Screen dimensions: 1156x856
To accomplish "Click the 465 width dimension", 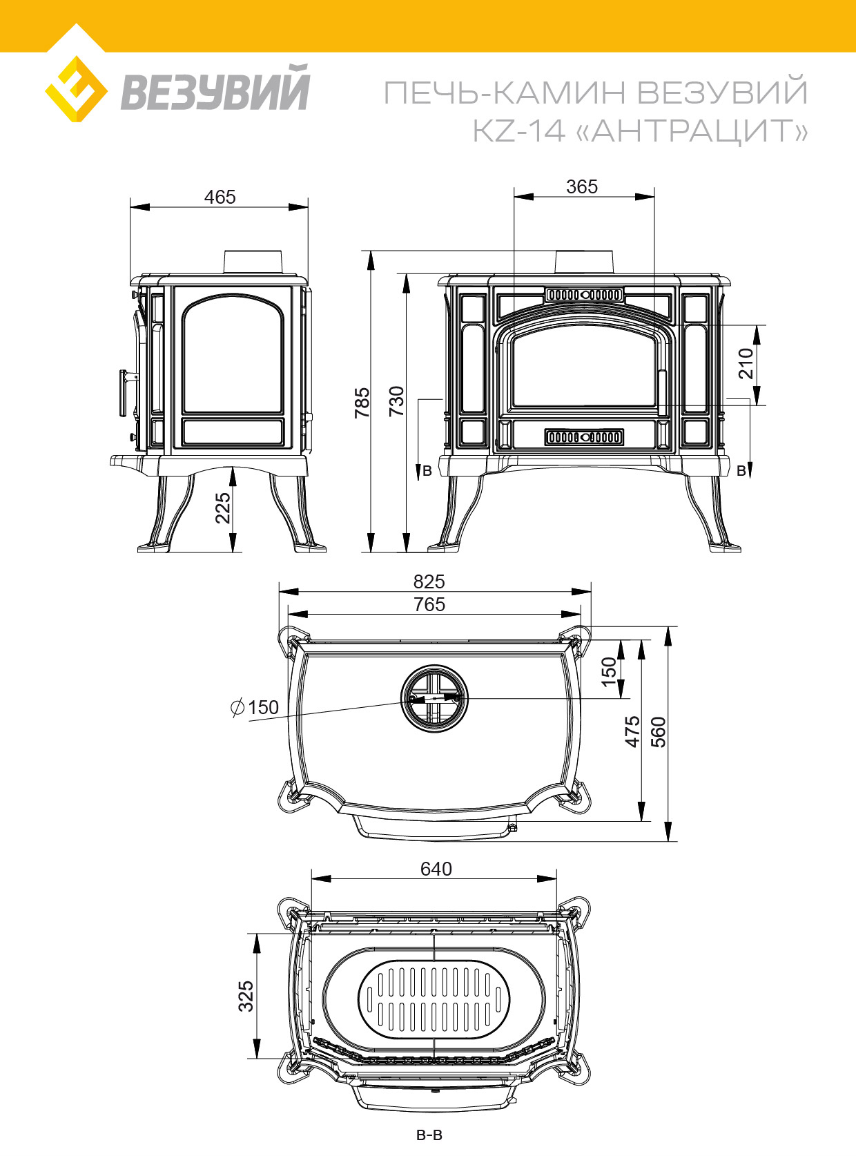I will click(220, 197).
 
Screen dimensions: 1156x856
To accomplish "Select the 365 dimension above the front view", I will click(582, 186).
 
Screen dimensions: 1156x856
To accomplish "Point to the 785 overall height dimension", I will click(362, 402).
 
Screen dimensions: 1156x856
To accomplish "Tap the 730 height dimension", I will click(396, 401).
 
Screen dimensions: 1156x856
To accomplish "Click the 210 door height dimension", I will click(746, 363).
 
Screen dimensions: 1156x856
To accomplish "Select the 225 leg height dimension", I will click(222, 508).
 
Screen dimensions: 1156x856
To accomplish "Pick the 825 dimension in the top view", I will click(429, 581).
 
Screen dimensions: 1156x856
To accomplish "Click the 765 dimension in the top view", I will click(429, 604).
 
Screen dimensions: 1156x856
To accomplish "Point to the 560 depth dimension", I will click(659, 732).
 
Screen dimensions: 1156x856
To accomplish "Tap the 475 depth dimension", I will click(632, 732).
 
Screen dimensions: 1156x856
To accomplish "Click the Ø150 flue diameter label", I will click(255, 707).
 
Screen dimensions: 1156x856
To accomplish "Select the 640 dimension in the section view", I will click(436, 869).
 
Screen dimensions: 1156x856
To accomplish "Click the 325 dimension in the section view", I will click(246, 996).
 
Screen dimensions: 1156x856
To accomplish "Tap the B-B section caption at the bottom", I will click(429, 1135).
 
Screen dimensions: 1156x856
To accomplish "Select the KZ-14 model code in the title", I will click(518, 131).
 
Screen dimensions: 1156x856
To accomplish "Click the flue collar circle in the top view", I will click(434, 698).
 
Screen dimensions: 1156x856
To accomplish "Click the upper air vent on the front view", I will click(584, 295).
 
